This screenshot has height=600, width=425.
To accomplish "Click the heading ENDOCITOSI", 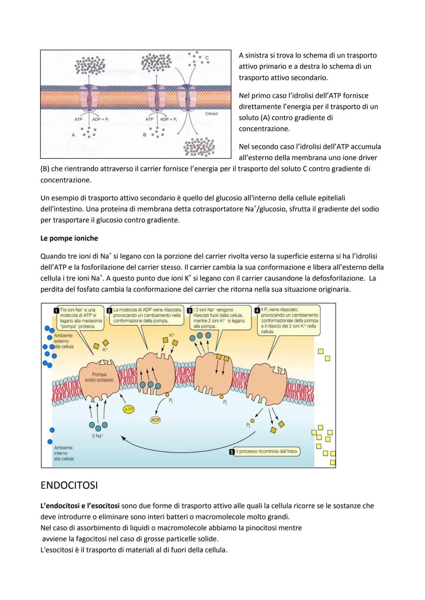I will coord(69,485).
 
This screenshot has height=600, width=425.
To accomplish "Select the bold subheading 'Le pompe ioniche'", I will coord(69,238).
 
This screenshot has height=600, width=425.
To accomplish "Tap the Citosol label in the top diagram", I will coord(211,114).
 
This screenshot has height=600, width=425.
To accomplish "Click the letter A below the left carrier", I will coord(73,135).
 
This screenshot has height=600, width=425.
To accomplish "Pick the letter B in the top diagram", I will coord(144,135).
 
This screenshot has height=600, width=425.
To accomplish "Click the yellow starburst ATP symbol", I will coord(129,409).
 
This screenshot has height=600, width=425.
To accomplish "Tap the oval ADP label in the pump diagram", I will coord(155,420).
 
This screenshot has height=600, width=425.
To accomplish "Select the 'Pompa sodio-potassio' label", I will coord(99,377).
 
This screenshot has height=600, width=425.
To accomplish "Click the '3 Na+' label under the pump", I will coord(97,436).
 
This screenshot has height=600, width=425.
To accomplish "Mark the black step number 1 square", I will coord(56,310).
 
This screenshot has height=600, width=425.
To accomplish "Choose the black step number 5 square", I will coord(232,452).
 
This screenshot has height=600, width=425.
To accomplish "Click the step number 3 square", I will coord(190,310).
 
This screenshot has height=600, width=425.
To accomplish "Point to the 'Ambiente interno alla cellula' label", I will coord(63,453).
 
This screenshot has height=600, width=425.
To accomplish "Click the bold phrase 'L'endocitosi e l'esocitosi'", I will coord(80,506).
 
